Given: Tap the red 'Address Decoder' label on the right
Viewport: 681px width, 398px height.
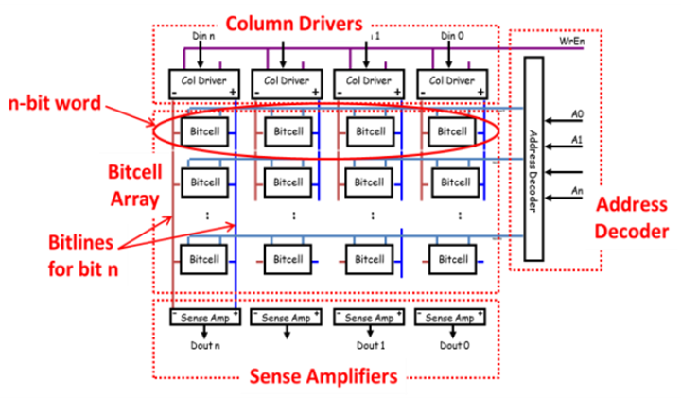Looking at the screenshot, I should [634, 216].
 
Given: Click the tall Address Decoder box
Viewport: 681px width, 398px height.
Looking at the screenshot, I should [533, 158].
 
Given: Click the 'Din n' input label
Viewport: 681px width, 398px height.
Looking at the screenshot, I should [203, 36].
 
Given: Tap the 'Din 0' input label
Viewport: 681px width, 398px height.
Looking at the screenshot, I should [449, 36].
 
